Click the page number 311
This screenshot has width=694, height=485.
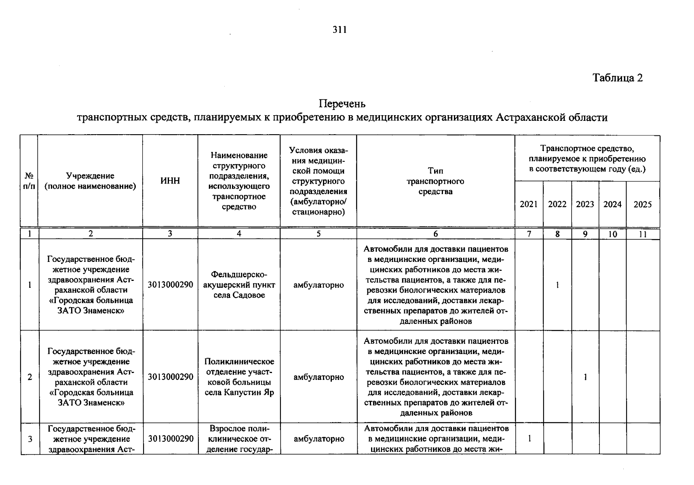340,30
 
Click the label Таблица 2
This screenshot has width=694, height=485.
617,78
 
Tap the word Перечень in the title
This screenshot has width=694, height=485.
342,104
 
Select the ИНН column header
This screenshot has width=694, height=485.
170,181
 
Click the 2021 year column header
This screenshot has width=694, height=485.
529,205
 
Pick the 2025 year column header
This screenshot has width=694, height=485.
643,205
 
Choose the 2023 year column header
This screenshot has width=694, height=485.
585,205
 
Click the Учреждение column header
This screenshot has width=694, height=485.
90,181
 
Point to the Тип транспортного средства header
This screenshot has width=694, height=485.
435,181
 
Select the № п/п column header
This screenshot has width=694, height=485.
29,181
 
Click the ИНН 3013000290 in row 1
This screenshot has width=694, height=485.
170,285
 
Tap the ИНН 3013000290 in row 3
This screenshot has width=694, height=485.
170,439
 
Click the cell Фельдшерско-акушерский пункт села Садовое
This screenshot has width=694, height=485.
239,285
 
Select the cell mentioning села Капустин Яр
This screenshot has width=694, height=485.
239,377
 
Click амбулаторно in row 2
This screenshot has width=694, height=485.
319,377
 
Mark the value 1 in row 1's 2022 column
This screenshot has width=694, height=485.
557,285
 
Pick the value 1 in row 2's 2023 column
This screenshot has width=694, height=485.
585,377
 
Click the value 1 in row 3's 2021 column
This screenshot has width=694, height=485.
529,439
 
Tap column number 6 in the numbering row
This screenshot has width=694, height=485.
435,234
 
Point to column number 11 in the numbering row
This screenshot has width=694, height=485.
643,234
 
